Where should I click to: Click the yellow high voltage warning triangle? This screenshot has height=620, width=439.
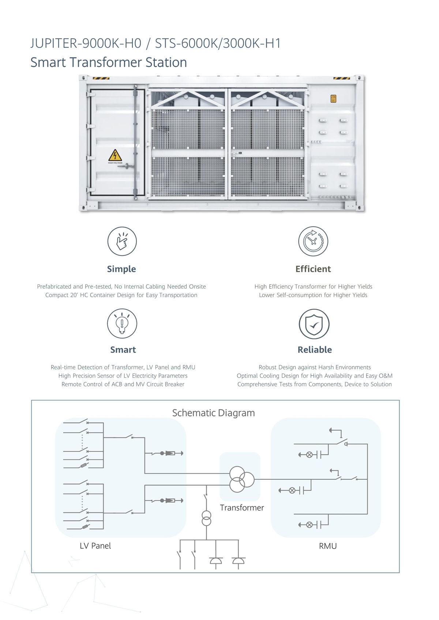[115, 155]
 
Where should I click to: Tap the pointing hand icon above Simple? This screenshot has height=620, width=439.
[122, 241]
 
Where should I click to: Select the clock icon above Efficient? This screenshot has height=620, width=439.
[313, 241]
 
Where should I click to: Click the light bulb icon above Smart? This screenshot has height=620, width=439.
[122, 323]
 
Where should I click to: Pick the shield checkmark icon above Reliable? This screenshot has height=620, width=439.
[314, 324]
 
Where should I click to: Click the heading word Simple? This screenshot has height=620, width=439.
[121, 269]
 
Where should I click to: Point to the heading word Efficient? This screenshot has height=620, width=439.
[313, 269]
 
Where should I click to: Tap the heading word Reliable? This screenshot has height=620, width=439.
[315, 350]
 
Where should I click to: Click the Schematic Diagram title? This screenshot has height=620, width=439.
[213, 413]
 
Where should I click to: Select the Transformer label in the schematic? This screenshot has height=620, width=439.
[242, 507]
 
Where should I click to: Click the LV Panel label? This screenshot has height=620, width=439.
[95, 545]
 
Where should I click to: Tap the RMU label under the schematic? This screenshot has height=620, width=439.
[327, 546]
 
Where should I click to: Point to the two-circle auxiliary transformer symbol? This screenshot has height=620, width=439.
[206, 518]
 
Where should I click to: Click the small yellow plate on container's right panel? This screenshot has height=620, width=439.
[333, 99]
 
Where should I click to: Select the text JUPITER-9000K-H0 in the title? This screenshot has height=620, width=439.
[86, 43]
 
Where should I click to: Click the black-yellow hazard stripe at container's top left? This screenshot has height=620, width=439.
[101, 78]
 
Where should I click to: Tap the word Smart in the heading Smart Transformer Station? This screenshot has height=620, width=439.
[48, 62]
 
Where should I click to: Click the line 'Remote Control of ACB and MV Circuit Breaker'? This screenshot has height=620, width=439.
[123, 384]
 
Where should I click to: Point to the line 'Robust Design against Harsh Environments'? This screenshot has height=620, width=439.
[315, 367]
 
